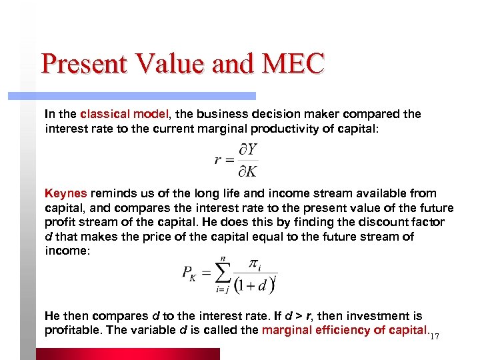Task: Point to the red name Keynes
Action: pyautogui.click(x=65, y=193)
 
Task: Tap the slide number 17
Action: pyautogui.click(x=434, y=336)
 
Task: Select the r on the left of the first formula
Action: pyautogui.click(x=217, y=160)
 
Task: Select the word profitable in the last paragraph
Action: pyautogui.click(x=73, y=329)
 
